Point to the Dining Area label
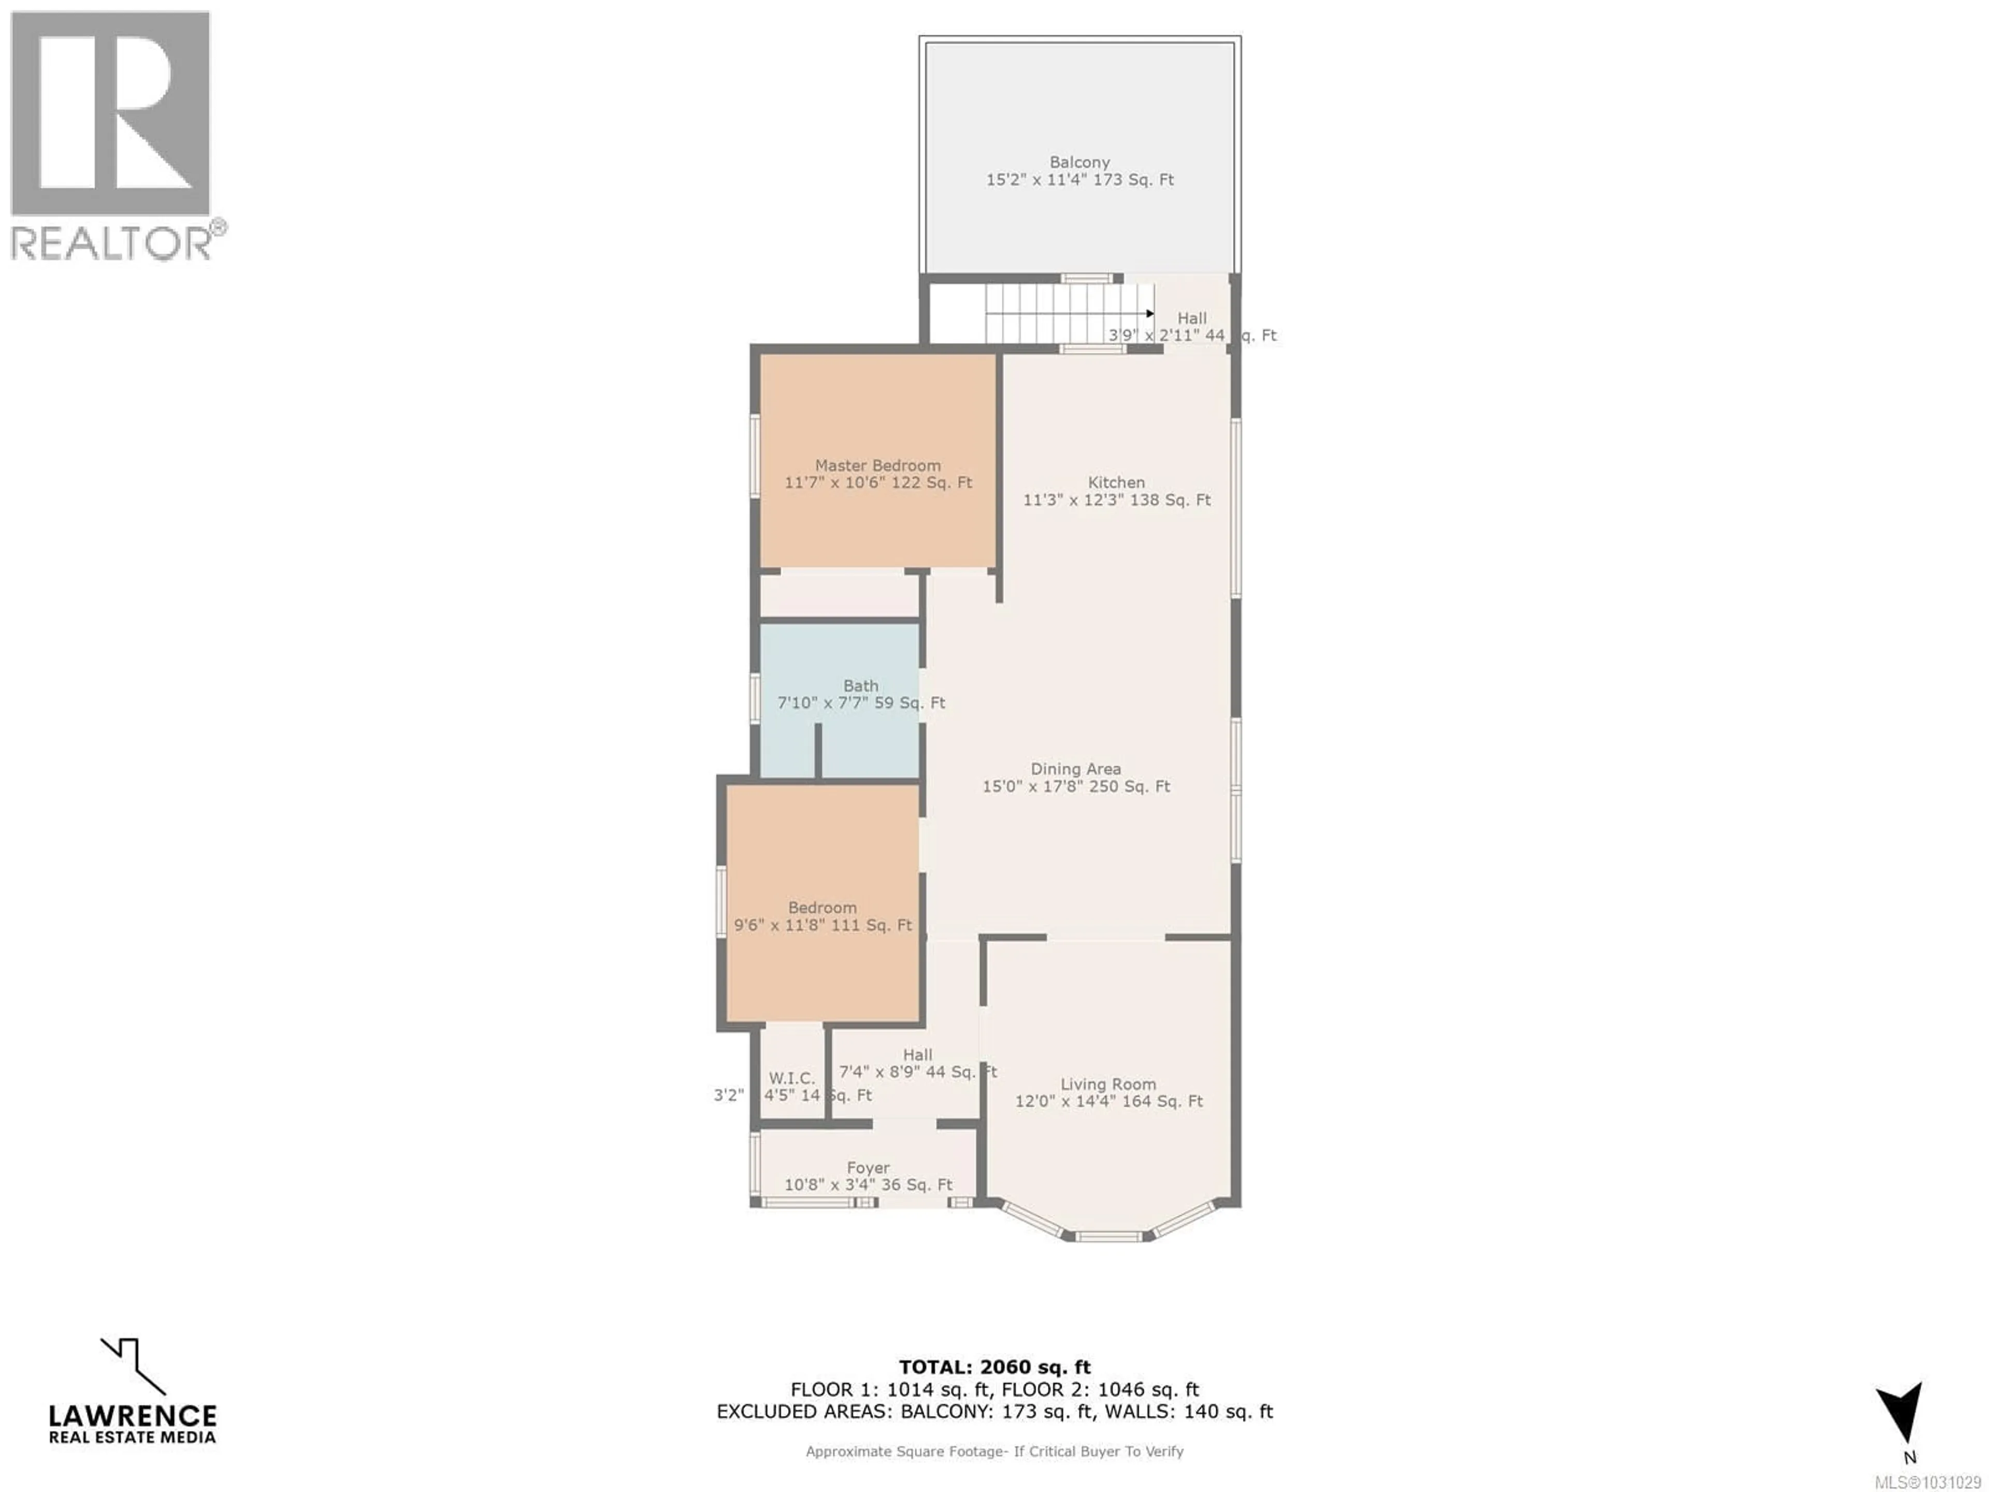coord(1075,769)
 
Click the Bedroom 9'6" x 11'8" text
coord(823,925)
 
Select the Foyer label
coord(868,1167)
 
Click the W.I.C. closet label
coord(791,1078)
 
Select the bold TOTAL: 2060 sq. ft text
coord(994,1368)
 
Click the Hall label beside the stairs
coord(1192,319)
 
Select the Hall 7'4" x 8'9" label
coord(917,1072)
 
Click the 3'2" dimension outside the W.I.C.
coord(728,1095)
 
